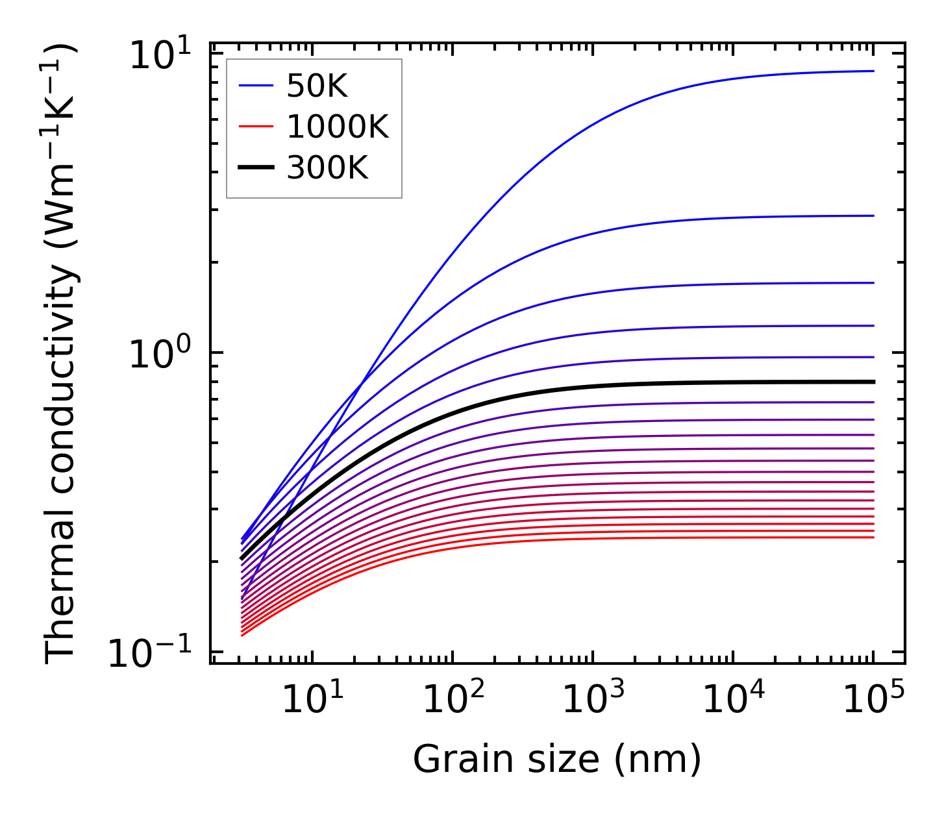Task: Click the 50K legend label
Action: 317,86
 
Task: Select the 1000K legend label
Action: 338,128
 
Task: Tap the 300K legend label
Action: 327,169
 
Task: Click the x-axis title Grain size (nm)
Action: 557,758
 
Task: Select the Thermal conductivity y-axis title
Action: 62,354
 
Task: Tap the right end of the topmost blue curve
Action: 873,71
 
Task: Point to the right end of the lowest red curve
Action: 873,537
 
